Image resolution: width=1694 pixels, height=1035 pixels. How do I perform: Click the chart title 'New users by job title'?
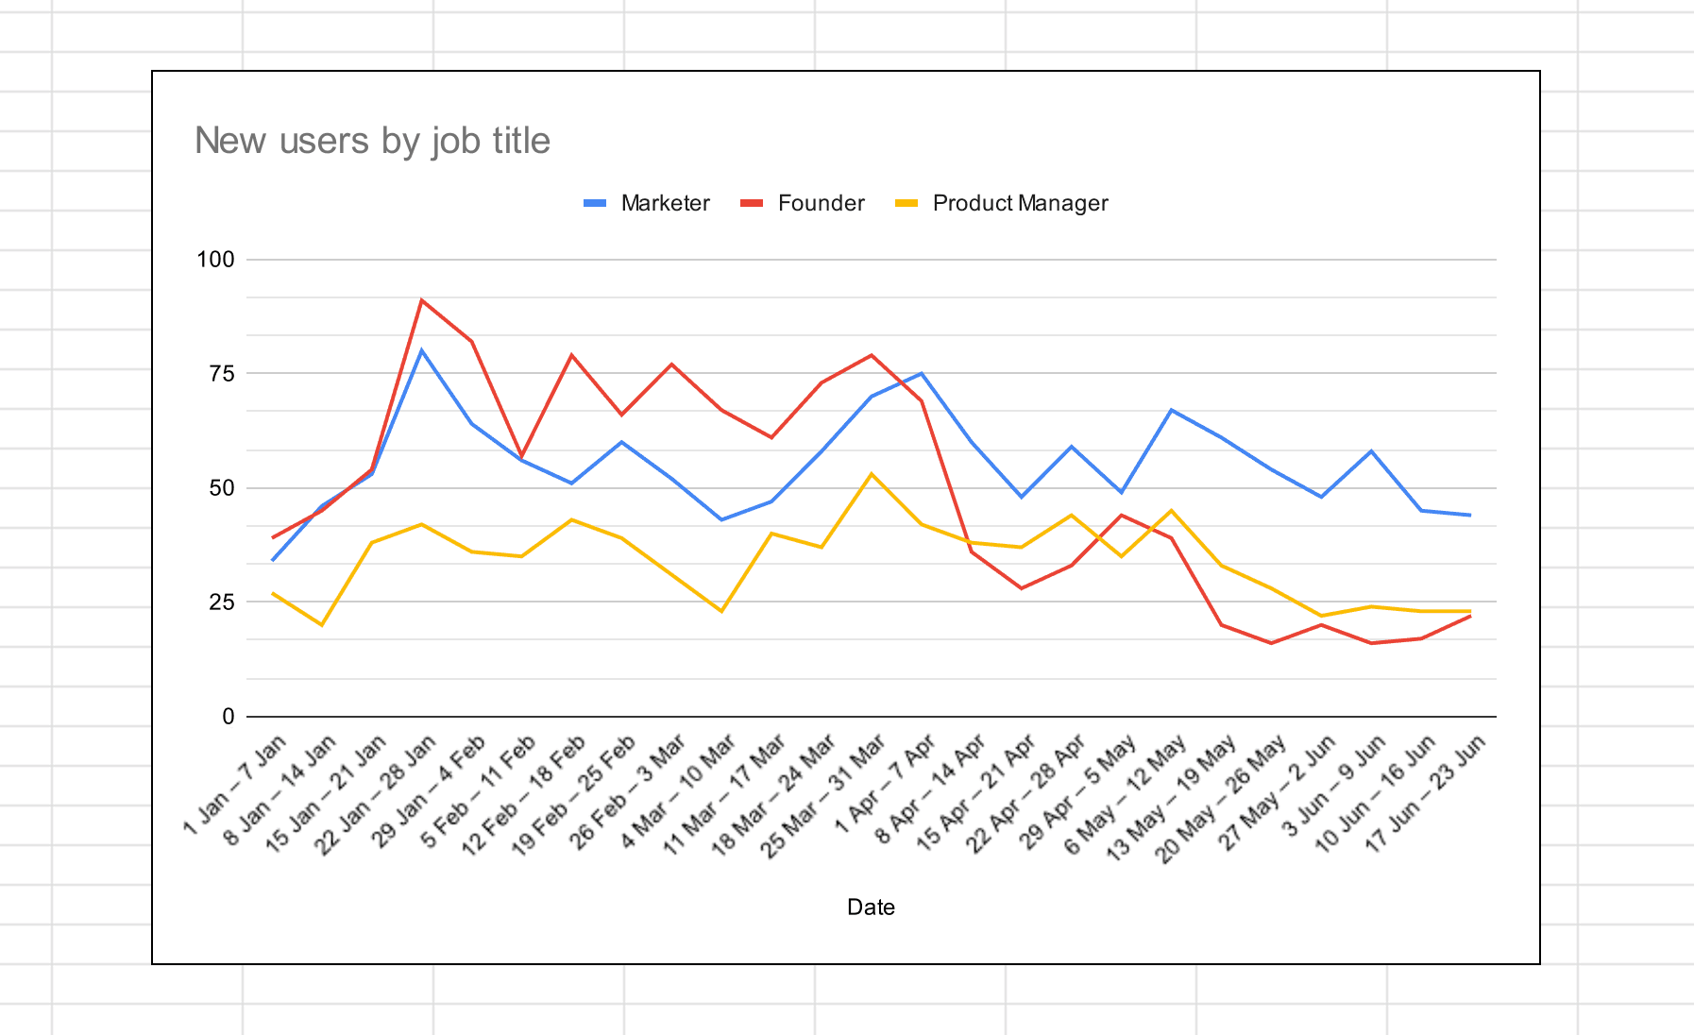pyautogui.click(x=372, y=141)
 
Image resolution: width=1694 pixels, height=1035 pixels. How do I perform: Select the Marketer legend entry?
pyautogui.click(x=664, y=203)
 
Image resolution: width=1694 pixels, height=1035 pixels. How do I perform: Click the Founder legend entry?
pyautogui.click(x=821, y=203)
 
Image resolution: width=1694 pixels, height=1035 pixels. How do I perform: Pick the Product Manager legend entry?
pyautogui.click(x=1019, y=203)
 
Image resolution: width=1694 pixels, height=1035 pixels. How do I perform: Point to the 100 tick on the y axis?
pyautogui.click(x=215, y=260)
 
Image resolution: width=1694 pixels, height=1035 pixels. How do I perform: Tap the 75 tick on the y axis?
pyautogui.click(x=221, y=374)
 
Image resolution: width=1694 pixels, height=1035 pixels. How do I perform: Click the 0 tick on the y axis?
pyautogui.click(x=228, y=717)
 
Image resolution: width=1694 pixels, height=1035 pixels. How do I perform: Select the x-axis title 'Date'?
pyautogui.click(x=871, y=908)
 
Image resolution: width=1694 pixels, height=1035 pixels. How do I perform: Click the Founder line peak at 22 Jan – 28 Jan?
pyautogui.click(x=421, y=300)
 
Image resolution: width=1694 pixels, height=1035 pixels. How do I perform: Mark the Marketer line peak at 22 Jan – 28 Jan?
pyautogui.click(x=421, y=350)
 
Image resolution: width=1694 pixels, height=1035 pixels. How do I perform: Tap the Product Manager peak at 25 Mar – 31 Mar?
pyautogui.click(x=871, y=474)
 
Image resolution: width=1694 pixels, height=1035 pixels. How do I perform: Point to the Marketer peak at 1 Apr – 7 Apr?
pyautogui.click(x=921, y=373)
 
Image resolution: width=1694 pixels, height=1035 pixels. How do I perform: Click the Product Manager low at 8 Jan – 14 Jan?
pyautogui.click(x=322, y=624)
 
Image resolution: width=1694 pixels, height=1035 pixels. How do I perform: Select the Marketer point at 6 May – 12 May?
pyautogui.click(x=1171, y=410)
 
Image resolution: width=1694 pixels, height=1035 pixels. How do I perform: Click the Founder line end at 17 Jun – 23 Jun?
pyautogui.click(x=1470, y=616)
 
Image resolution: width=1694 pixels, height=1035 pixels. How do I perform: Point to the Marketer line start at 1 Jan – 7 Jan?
pyautogui.click(x=273, y=560)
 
